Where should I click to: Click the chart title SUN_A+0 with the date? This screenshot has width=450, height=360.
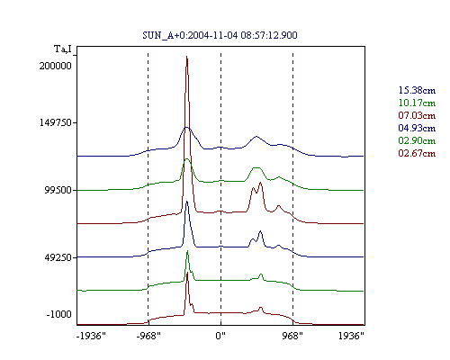[x=220, y=35]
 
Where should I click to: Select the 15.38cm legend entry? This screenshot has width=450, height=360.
[x=417, y=90]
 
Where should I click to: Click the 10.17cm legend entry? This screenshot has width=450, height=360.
[x=417, y=103]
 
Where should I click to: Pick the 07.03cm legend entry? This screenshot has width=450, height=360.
[x=417, y=115]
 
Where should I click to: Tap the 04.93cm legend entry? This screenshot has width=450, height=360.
[x=417, y=128]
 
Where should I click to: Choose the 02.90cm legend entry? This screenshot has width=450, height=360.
[x=417, y=140]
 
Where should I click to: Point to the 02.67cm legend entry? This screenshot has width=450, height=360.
[x=417, y=153]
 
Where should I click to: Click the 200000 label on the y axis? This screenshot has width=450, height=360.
[x=56, y=66]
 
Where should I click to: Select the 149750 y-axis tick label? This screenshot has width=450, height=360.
[x=56, y=122]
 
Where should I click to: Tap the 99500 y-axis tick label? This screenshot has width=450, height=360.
[x=58, y=190]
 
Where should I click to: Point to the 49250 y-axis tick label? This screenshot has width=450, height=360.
[x=58, y=257]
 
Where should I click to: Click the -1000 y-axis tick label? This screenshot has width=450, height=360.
[x=59, y=314]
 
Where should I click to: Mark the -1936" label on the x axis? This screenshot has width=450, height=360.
[x=91, y=336]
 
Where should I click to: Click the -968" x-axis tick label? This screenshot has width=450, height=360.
[x=148, y=336]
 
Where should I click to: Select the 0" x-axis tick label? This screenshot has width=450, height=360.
[x=220, y=336]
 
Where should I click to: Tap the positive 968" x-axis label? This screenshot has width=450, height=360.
[x=292, y=336]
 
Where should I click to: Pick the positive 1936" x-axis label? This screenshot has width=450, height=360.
[x=351, y=336]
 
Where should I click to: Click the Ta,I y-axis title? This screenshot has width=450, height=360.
[x=63, y=49]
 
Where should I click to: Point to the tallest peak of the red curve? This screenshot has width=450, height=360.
[x=186, y=56]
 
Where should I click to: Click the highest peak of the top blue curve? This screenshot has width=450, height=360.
[x=186, y=128]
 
